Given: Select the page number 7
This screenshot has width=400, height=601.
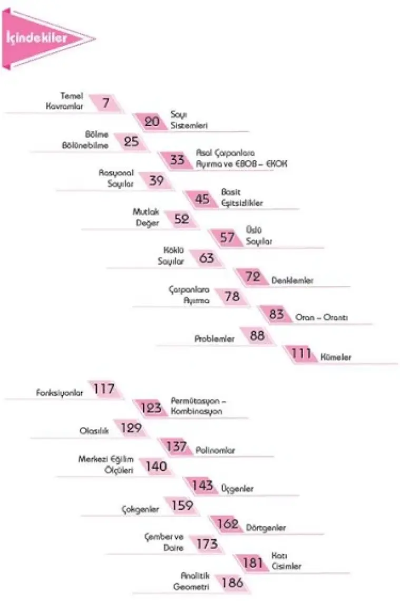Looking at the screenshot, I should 106,102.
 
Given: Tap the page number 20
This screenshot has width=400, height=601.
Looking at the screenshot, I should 152,121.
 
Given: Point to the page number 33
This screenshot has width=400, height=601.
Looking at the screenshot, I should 178,159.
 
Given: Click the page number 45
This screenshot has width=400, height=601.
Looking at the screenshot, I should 202,199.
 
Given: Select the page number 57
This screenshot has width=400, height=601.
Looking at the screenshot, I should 227,237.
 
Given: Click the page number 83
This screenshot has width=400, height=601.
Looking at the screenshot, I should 276,315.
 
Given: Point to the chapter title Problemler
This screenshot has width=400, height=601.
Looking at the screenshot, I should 214,339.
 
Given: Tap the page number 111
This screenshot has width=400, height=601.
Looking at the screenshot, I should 301,353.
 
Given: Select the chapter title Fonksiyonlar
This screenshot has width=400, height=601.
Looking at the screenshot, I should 60,393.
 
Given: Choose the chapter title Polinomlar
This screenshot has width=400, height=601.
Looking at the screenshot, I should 215,450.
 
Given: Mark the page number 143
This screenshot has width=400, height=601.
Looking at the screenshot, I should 202,485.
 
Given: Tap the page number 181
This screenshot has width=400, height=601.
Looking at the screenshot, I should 253,563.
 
